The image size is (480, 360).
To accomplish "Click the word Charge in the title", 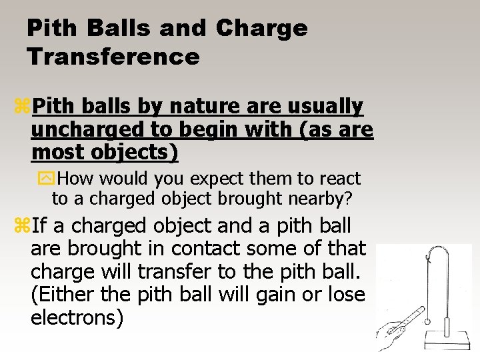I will coord(262,28).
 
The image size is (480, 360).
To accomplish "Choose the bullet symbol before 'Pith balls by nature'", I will coord(23,105).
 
